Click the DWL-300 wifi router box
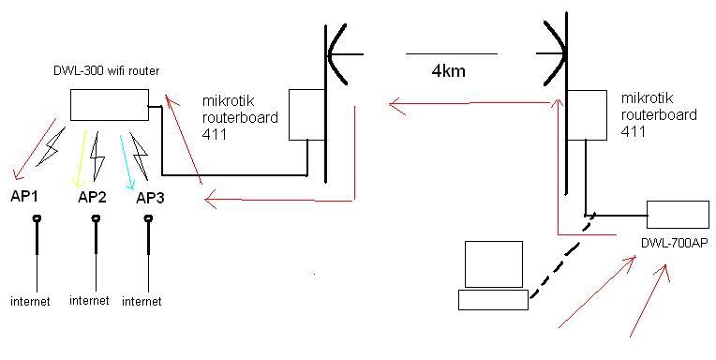[x=109, y=104]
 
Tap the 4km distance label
[x=449, y=70]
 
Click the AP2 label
[x=92, y=197]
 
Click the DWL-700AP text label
[x=674, y=243]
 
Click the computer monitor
[x=494, y=264]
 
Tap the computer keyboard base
[x=493, y=299]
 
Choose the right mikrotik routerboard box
[x=586, y=114]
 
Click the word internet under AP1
[x=30, y=301]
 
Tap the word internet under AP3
[x=142, y=301]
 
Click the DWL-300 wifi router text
[x=99, y=71]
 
